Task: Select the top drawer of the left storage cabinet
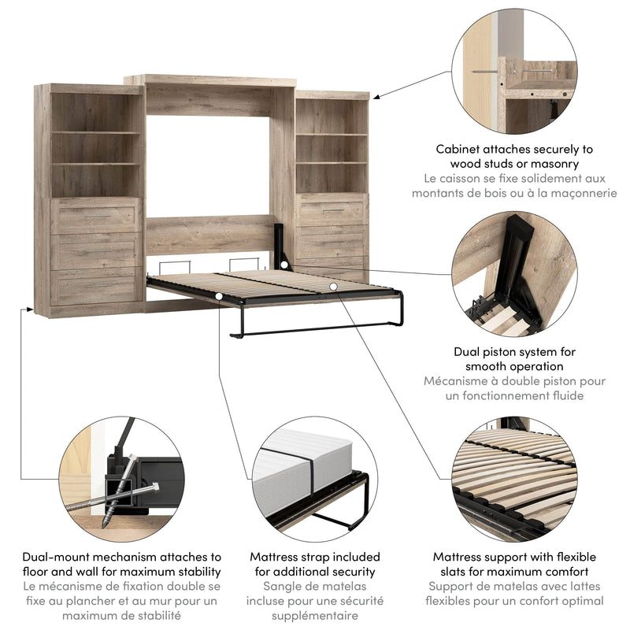(x=97, y=216)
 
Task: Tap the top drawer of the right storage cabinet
(x=332, y=211)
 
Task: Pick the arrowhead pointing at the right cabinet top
(x=376, y=97)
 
